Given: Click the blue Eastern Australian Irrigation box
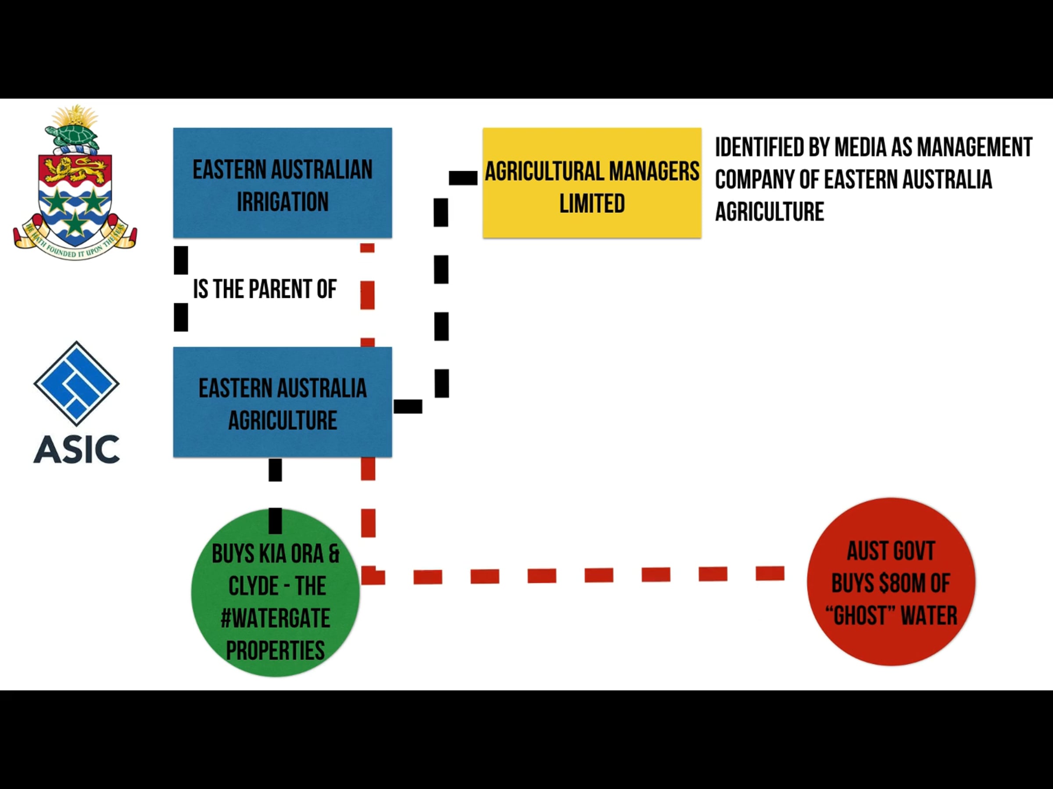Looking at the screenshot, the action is click(282, 183).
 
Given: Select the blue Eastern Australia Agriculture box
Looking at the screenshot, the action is click(282, 402).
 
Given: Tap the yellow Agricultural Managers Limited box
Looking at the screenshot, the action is click(592, 183).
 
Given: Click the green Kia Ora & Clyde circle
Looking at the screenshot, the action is click(275, 592).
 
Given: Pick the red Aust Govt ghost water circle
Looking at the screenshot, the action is click(891, 582).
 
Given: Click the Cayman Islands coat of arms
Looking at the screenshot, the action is click(75, 183).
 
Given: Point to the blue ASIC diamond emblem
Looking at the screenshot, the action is click(76, 384).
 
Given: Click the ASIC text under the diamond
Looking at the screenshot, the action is click(76, 449).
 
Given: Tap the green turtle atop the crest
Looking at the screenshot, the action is click(73, 135).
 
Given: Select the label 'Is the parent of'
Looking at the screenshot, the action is click(265, 289).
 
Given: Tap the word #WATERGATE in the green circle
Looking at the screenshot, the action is click(275, 618).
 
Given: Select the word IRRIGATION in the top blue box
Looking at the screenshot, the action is click(283, 202).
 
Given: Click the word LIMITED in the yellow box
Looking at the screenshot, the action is click(592, 203).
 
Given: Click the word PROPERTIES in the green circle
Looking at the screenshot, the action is click(275, 650).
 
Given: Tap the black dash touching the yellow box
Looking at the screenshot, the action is click(463, 178).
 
